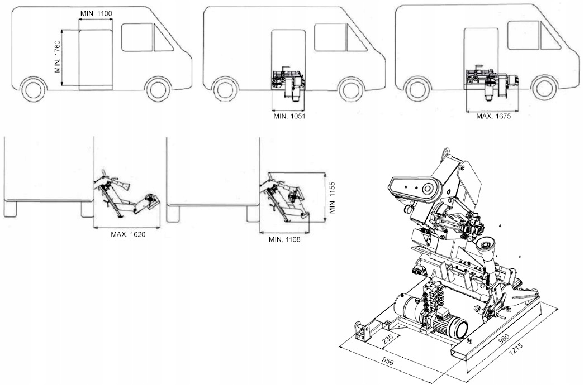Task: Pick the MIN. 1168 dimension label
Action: pos(284,239)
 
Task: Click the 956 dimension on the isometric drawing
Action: pos(390,362)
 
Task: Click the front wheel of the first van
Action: pos(158,89)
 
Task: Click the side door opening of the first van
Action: pos(96,60)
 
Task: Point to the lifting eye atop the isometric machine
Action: pos(445,152)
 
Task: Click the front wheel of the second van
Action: pos(352,89)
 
